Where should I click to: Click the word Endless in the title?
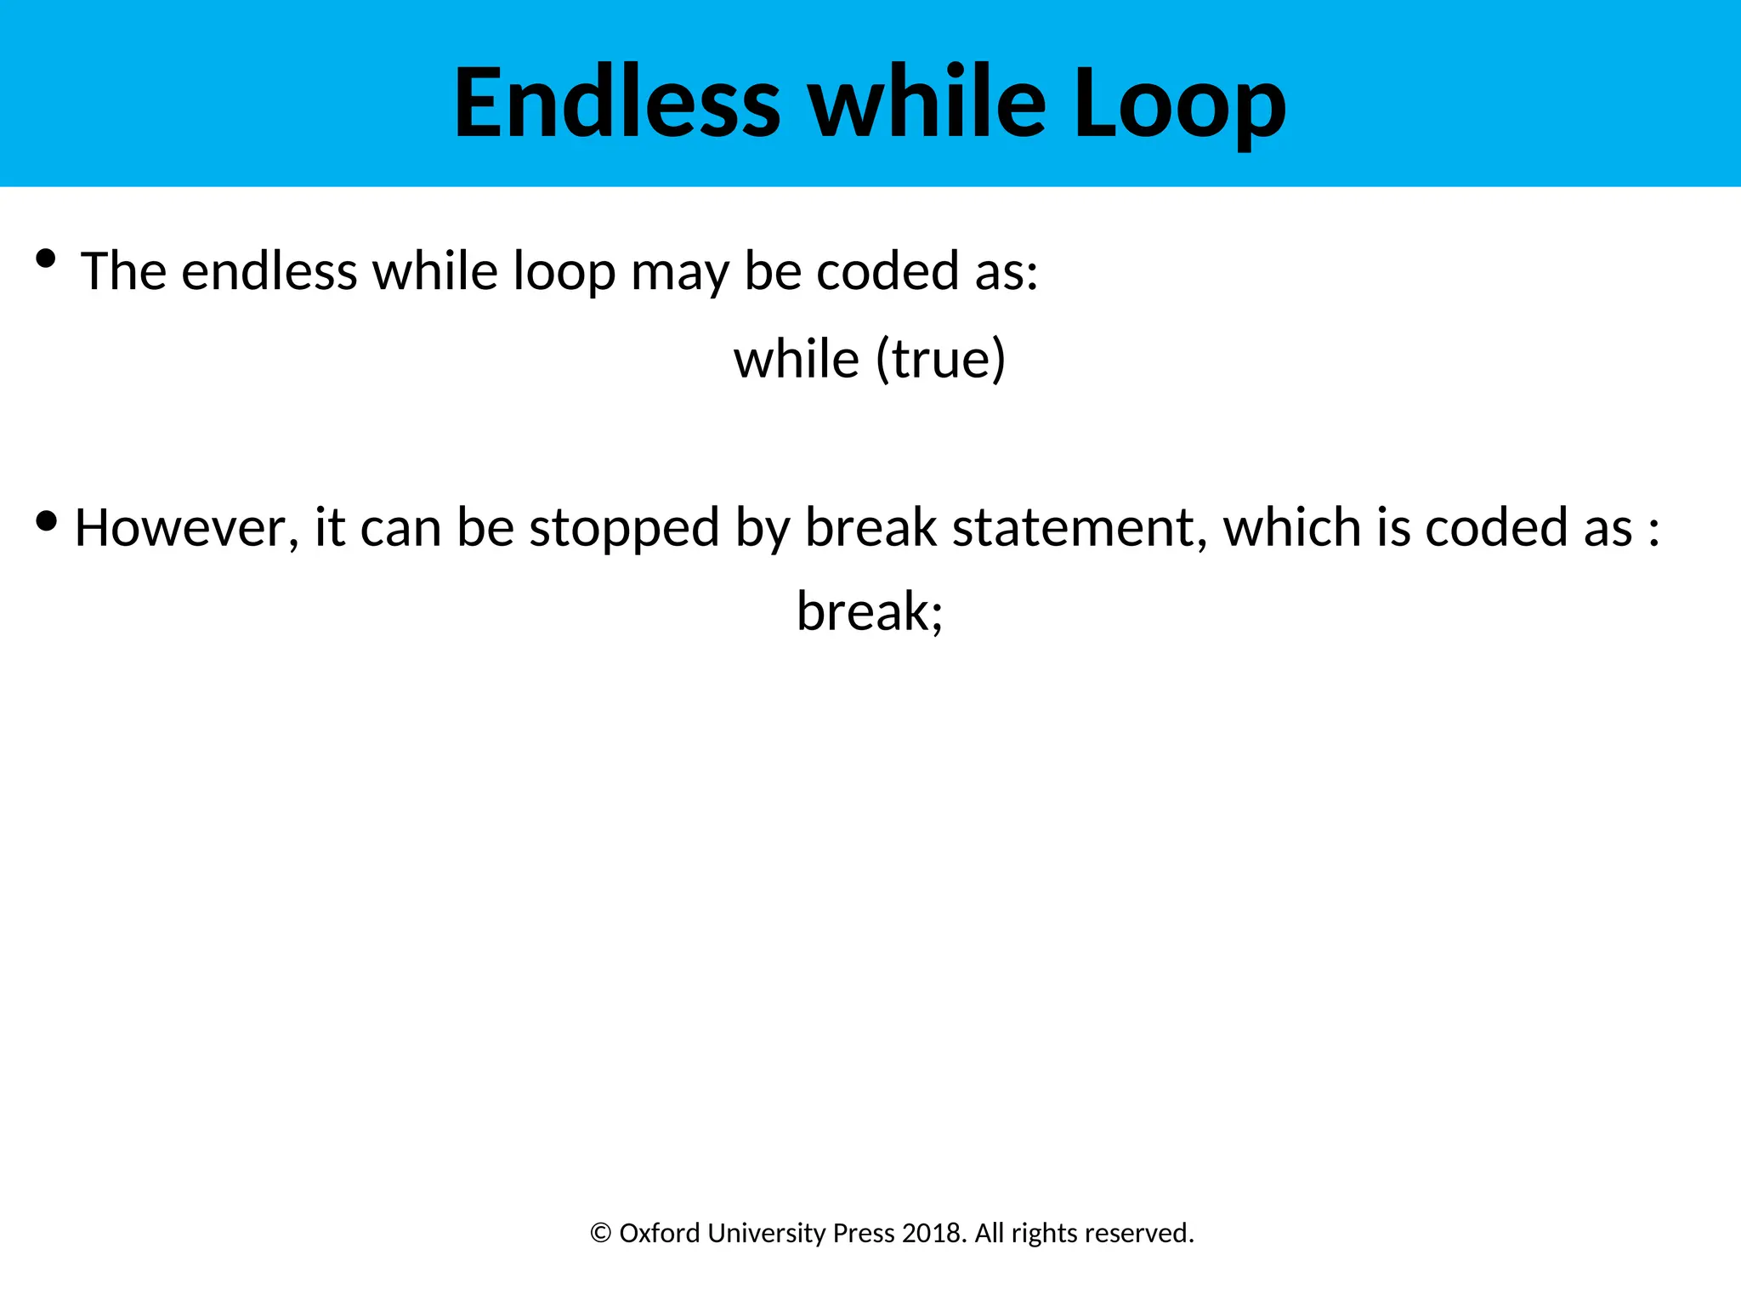(616, 104)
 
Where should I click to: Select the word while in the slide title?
(927, 104)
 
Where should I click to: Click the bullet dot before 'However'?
(46, 520)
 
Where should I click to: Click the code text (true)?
(940, 360)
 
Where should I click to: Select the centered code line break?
(870, 611)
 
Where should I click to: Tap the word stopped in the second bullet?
(624, 528)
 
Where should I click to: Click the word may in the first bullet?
(679, 273)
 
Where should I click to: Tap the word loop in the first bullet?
(564, 273)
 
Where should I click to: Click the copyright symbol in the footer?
(600, 1234)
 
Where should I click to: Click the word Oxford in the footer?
(660, 1234)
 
